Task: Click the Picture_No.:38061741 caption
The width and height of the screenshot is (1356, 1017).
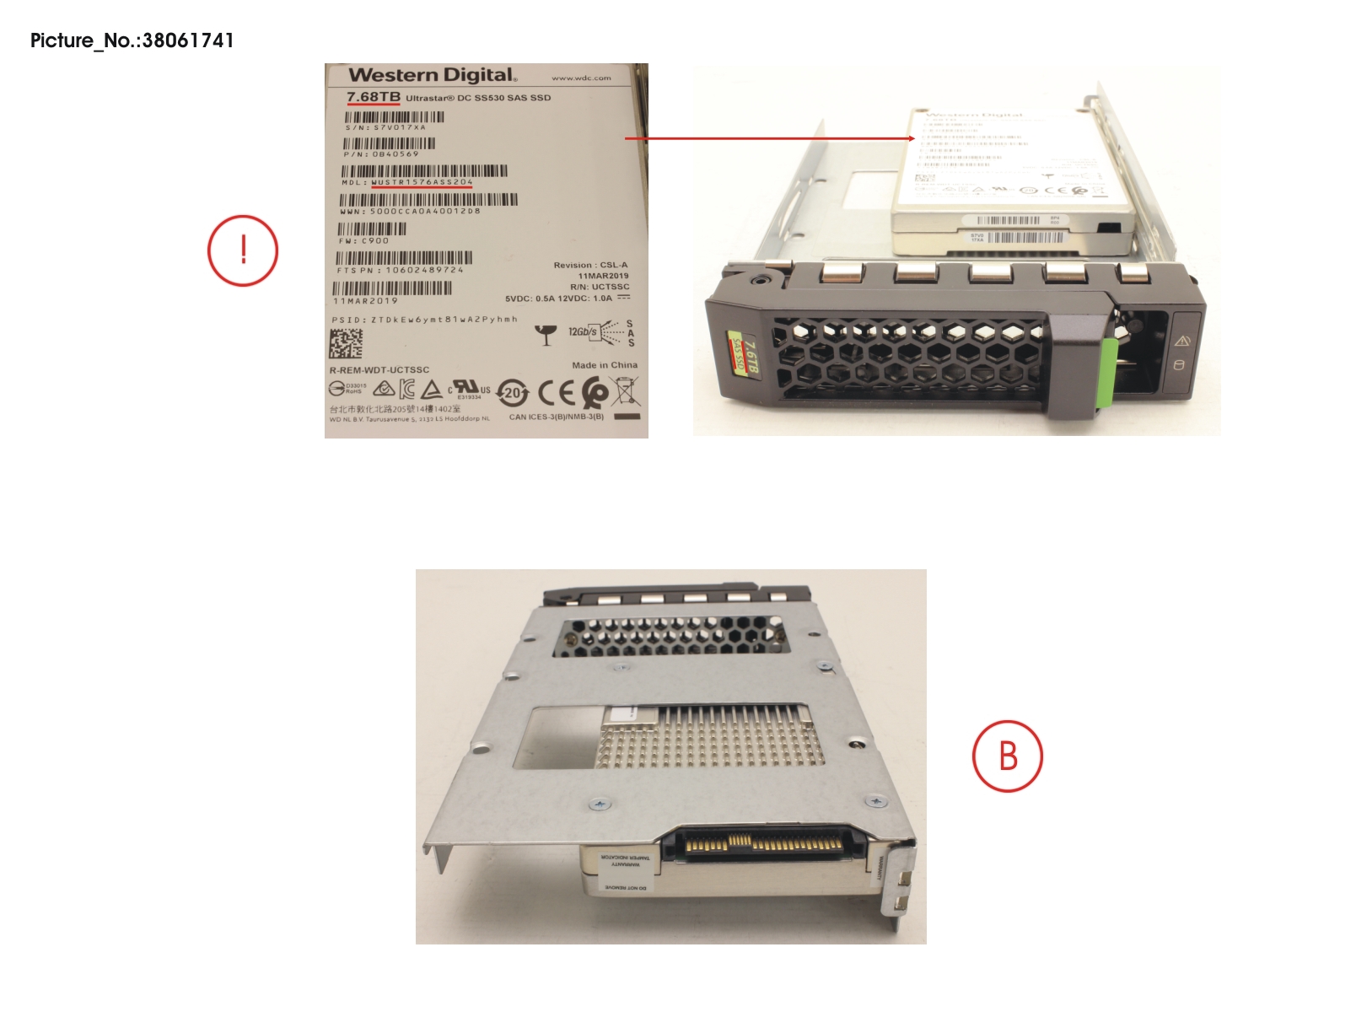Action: [132, 40]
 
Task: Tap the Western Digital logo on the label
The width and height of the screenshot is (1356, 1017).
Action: [432, 75]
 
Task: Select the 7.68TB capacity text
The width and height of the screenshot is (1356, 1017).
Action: [373, 97]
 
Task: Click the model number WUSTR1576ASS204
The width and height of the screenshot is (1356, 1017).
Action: [422, 182]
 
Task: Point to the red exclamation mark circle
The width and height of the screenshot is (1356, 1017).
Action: [243, 250]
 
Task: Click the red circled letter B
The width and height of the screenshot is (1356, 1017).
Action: [1008, 756]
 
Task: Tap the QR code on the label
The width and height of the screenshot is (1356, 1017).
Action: [346, 343]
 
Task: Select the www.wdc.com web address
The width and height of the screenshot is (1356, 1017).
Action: [581, 78]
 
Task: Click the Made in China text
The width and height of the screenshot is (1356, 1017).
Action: [605, 365]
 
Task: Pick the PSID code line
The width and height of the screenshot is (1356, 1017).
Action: [424, 320]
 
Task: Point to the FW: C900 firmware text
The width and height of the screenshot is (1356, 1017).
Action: [363, 241]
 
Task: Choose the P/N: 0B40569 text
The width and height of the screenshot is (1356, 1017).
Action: [380, 154]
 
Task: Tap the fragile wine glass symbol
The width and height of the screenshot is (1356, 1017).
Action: [546, 335]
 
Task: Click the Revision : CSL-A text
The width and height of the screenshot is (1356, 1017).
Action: [590, 265]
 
